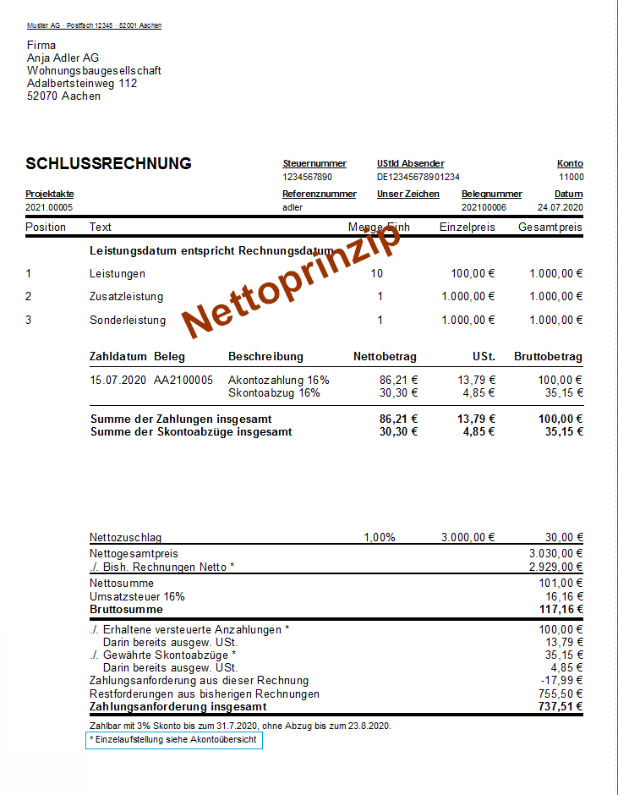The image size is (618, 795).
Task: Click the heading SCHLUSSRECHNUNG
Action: [109, 164]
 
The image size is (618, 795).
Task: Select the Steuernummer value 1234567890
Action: [308, 178]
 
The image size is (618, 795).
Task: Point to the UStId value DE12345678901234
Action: [418, 178]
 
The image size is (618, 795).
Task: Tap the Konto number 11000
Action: [571, 178]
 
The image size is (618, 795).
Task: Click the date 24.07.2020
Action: [561, 207]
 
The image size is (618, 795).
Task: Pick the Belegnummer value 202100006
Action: [484, 207]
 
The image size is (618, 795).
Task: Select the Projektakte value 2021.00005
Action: [49, 207]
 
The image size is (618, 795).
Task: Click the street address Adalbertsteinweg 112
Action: [82, 84]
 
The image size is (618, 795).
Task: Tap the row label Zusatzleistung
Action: [127, 297]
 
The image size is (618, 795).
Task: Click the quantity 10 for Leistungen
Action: [376, 274]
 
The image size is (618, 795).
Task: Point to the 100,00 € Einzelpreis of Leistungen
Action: [472, 274]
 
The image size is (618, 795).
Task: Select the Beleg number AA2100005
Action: [183, 381]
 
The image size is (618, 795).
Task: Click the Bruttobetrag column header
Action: [548, 357]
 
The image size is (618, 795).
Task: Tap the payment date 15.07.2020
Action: [118, 381]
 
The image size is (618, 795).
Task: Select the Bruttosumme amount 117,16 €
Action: [561, 609]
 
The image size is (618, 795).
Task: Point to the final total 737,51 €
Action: [561, 707]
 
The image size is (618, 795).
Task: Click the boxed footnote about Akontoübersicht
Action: [175, 740]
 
